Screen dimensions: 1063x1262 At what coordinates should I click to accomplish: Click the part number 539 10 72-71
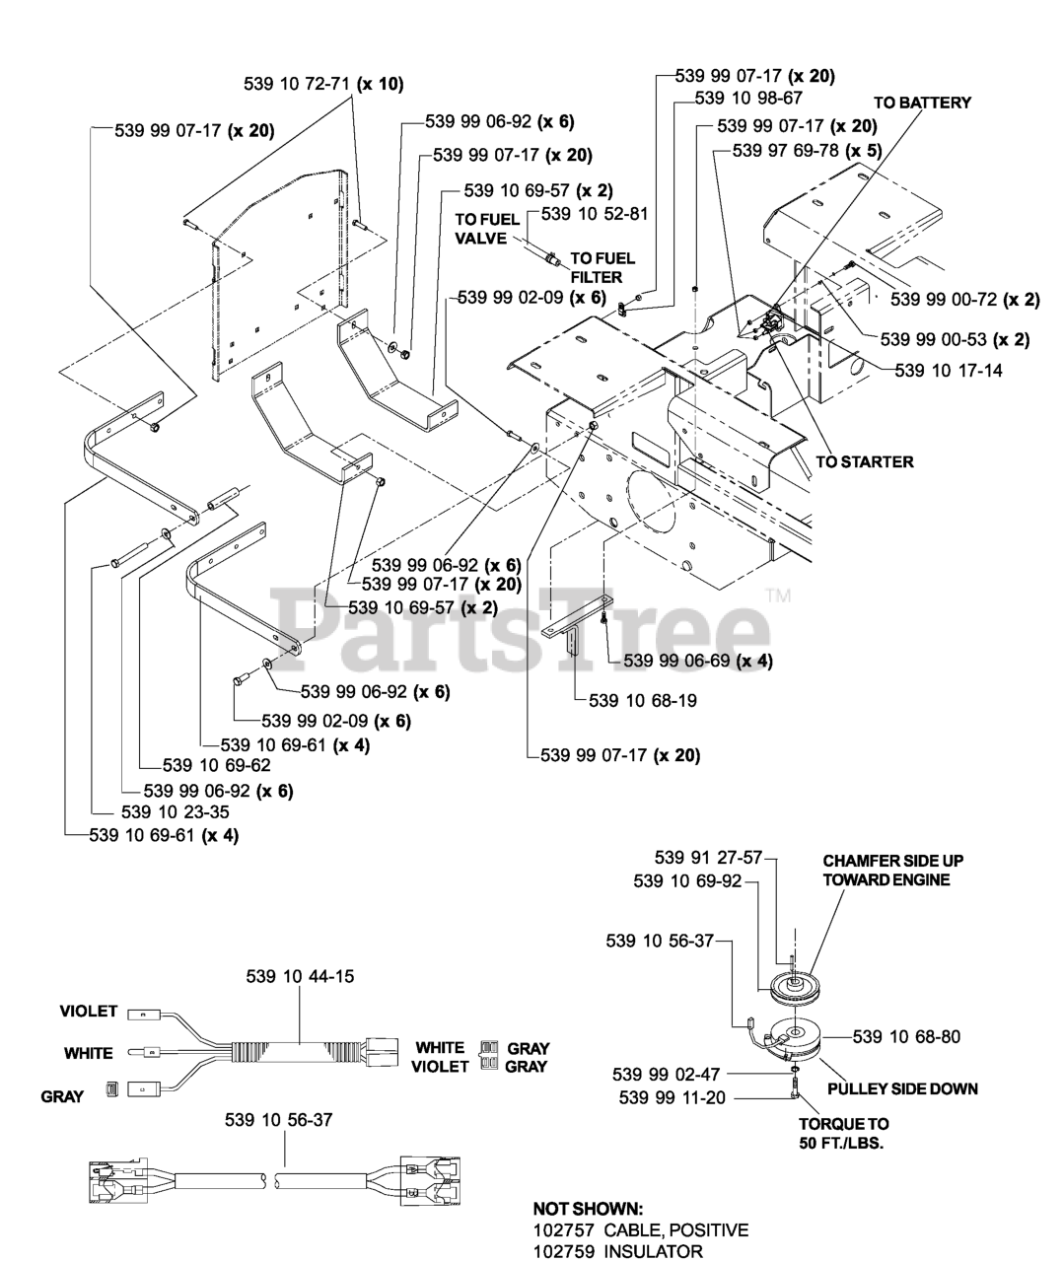pos(297,84)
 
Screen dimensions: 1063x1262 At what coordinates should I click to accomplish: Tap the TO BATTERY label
pos(922,103)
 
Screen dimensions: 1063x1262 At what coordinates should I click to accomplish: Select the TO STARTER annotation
pos(865,461)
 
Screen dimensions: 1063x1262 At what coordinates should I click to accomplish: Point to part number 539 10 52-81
pos(595,214)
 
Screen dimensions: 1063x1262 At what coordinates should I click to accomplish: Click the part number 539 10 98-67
pos(748,98)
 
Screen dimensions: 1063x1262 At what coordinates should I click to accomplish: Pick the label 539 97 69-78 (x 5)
pos(808,150)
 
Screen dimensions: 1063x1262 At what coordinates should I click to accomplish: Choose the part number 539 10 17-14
pos(949,370)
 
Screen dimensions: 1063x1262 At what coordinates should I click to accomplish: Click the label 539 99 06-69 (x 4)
pos(698,661)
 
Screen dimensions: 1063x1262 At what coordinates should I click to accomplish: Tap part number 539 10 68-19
pos(643,700)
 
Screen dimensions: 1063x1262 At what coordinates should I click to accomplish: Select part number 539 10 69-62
pos(217,765)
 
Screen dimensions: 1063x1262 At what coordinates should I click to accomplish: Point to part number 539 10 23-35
pos(176,811)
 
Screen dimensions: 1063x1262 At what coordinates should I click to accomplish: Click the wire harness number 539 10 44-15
pos(300,976)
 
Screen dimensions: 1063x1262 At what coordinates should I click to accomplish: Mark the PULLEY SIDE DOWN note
pos(903,1089)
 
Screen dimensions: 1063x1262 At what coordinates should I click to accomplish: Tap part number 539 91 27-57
pos(709,857)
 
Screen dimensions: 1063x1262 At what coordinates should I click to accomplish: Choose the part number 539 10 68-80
pos(906,1036)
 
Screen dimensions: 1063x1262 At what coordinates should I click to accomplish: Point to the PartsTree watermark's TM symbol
pos(779,596)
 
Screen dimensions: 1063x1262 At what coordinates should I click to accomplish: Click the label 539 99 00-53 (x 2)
pos(955,340)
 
